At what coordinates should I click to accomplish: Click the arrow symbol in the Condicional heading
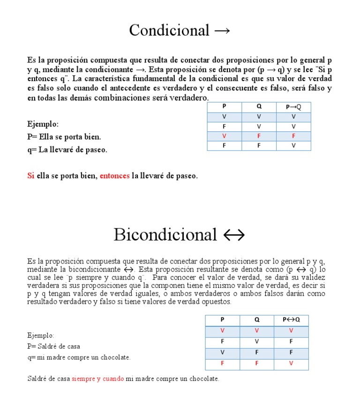tap(222, 31)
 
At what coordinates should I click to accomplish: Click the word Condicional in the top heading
tap(169, 30)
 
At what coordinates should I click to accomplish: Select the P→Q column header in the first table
tap(293, 107)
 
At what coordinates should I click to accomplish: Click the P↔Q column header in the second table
tap(291, 320)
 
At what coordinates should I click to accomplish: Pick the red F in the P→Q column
tap(293, 136)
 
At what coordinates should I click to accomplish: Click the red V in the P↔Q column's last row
tap(291, 363)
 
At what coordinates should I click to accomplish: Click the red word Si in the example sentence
tap(31, 176)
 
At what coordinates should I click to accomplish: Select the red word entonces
tap(114, 176)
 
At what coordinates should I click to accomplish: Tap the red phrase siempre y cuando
tap(97, 378)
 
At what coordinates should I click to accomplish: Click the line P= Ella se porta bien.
tap(64, 137)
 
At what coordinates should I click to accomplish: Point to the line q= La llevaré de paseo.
tap(67, 150)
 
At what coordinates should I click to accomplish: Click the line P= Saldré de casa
tap(54, 346)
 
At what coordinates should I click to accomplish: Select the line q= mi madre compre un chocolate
tap(79, 357)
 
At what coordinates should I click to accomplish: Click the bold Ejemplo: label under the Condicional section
tap(43, 124)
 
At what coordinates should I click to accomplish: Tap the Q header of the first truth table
tap(259, 106)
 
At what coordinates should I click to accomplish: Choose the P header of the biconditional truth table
tap(222, 320)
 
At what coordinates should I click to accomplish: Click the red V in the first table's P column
tap(224, 136)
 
